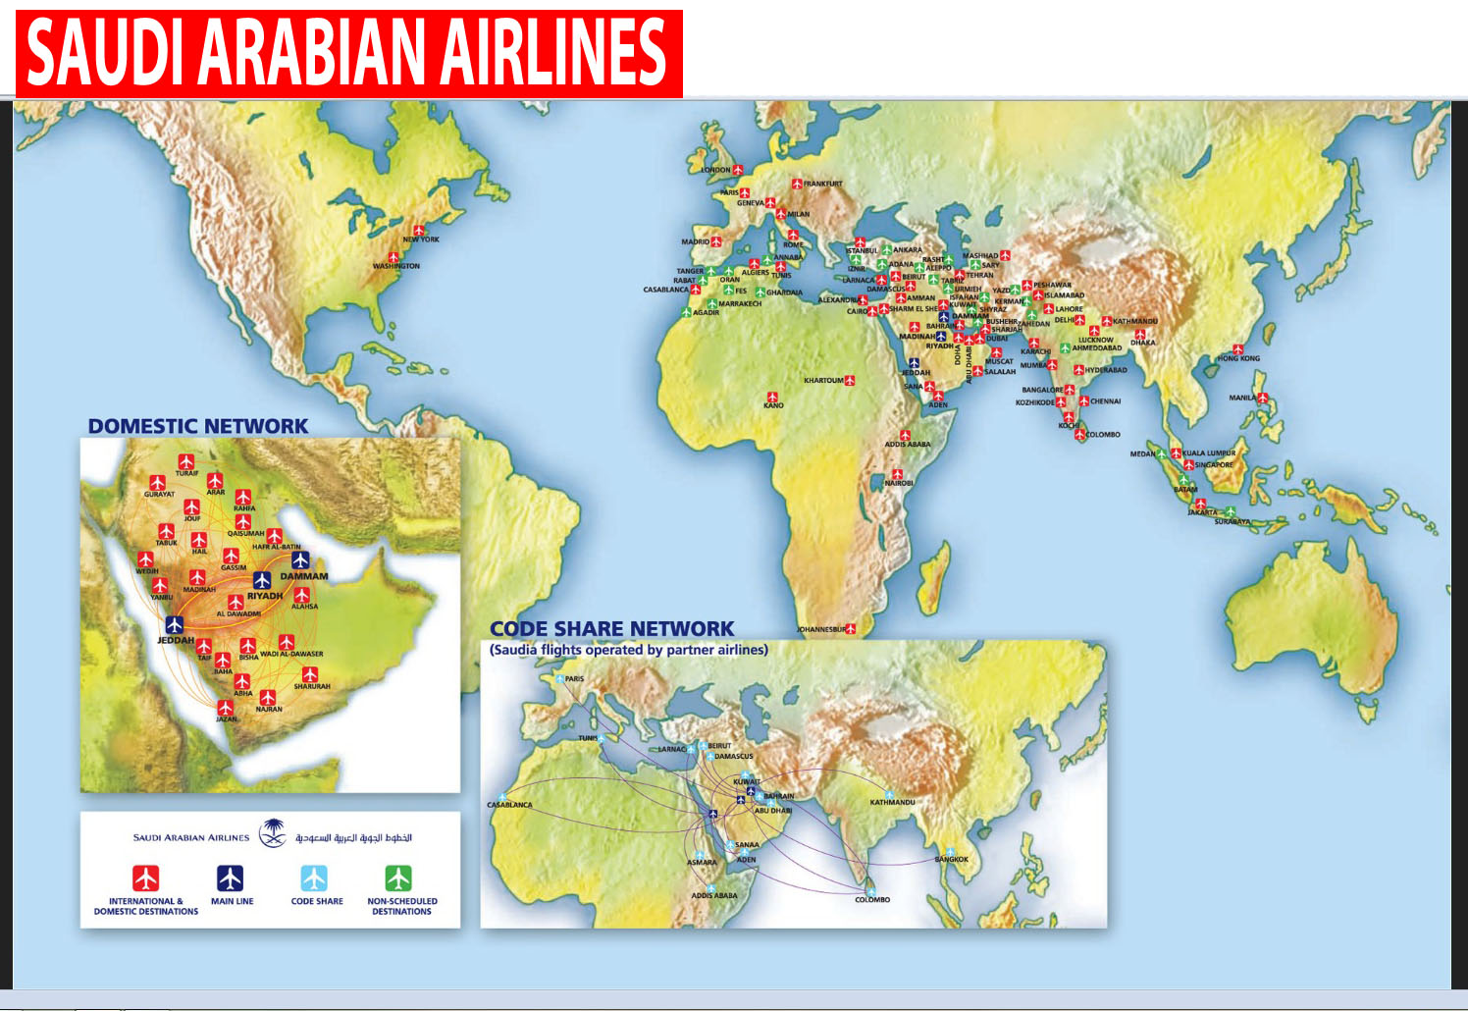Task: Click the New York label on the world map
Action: pos(421,239)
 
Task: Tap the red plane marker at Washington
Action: pos(393,256)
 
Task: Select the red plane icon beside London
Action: pos(738,170)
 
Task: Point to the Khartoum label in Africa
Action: pos(822,381)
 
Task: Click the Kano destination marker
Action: pos(773,395)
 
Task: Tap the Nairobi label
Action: pos(899,484)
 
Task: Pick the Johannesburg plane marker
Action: pos(851,628)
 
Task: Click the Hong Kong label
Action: pos(1238,359)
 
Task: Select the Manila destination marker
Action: pos(1263,399)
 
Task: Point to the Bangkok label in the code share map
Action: pos(951,860)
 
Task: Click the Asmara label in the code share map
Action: pos(702,863)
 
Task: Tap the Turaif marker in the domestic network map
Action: pos(186,461)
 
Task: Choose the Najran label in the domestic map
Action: pos(269,710)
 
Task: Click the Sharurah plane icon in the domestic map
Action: pos(310,674)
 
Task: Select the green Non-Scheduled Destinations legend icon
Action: pos(398,878)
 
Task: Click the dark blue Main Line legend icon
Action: pos(230,878)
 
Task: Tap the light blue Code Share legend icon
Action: pos(314,878)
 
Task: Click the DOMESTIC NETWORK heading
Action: pos(198,426)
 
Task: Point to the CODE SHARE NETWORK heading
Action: pos(611,629)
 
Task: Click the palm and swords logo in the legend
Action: pos(272,834)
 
